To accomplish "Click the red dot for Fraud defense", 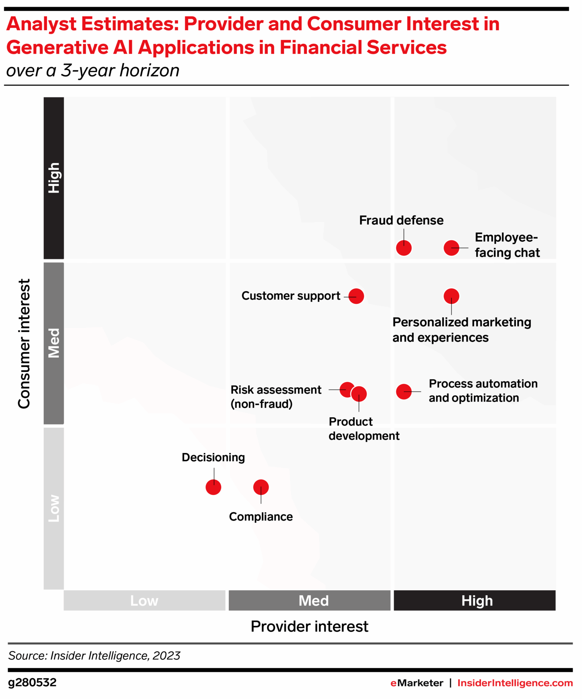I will (404, 248).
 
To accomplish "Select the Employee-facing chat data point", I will (451, 248).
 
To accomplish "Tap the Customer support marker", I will (356, 296).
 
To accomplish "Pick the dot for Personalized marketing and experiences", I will (451, 296).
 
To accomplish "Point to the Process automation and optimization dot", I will (404, 392).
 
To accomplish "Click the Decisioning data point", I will (214, 487).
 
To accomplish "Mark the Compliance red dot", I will (261, 487).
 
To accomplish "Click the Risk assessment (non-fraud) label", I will (276, 397).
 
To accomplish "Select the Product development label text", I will (364, 429).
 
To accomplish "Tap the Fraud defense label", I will (401, 220).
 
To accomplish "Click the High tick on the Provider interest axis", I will (477, 601).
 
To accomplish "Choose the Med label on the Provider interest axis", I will (314, 601).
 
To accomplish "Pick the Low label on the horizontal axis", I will (144, 601).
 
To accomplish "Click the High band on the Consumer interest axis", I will (54, 178).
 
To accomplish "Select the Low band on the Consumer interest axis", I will (54, 508).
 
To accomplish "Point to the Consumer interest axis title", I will (24, 344).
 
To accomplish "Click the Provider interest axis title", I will (310, 627).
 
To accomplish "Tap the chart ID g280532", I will (32, 682).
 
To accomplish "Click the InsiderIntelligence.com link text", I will (515, 683).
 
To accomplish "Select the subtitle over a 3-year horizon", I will (93, 71).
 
